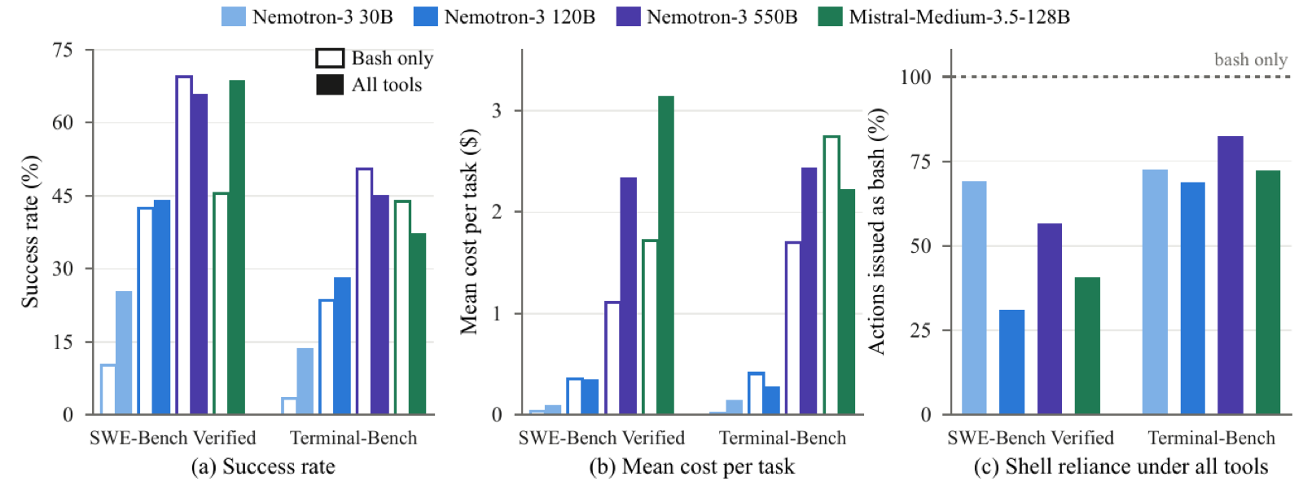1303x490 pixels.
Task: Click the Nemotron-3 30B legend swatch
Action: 233,16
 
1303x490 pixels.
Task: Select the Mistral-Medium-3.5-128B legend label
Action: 959,16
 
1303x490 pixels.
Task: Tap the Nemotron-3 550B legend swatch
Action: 628,16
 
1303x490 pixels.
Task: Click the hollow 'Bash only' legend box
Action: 330,58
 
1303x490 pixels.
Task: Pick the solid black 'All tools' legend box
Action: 330,85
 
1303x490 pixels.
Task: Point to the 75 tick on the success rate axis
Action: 63,50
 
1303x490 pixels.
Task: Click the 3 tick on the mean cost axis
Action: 496,111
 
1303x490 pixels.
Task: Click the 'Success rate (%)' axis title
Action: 30,232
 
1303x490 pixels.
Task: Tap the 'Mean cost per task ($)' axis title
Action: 469,232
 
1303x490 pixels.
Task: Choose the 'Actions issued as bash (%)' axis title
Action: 876,232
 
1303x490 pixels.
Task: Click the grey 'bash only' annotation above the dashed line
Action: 1251,60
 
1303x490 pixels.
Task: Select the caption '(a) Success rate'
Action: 264,466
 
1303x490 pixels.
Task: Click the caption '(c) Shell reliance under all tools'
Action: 1121,466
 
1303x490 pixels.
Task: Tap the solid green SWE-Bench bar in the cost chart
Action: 666,255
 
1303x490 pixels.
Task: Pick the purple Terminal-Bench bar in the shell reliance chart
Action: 1231,275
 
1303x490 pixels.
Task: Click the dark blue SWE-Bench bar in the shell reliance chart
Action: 1011,362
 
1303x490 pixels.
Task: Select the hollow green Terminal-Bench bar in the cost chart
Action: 831,275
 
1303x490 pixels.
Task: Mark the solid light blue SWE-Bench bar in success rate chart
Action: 124,352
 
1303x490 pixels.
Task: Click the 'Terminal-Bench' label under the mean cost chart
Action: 783,438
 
